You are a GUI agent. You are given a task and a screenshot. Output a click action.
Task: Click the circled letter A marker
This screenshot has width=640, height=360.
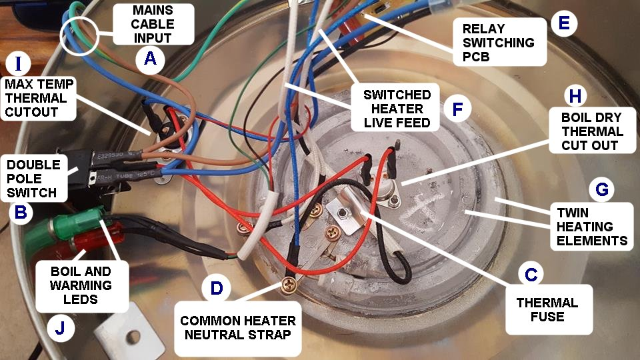(x=150, y=59)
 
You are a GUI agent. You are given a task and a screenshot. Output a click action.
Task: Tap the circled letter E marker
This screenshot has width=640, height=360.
(x=564, y=23)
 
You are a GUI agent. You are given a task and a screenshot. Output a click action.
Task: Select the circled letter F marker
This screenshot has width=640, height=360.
(x=457, y=109)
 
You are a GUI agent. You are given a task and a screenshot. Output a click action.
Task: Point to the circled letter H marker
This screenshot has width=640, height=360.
(x=575, y=96)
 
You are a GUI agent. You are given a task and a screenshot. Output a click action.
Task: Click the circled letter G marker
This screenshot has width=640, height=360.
(x=601, y=189)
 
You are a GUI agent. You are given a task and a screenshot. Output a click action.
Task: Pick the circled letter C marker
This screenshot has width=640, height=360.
(x=531, y=274)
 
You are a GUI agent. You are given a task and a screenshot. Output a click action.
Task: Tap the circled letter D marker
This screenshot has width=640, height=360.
(x=216, y=288)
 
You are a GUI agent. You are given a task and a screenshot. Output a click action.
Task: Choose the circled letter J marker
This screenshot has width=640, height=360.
(x=61, y=327)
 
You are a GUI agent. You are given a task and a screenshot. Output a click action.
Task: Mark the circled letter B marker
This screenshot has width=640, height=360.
(x=21, y=212)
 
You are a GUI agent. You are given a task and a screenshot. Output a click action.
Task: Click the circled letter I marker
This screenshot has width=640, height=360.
(x=18, y=64)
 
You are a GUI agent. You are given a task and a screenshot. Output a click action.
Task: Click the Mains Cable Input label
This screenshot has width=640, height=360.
(x=153, y=24)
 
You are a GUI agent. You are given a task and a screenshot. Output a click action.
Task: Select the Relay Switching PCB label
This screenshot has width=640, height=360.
(x=499, y=42)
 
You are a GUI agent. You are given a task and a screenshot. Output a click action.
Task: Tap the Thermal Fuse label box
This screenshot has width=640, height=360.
(x=549, y=309)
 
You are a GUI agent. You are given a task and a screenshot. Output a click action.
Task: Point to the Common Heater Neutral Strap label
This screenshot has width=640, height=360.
(x=238, y=328)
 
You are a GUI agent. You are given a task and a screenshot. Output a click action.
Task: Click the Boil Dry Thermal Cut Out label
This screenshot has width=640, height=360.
(x=592, y=131)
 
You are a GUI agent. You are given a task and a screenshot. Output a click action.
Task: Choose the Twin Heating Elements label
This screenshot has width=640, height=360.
(x=592, y=227)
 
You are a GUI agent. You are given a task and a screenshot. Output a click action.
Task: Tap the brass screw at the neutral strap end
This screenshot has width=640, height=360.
(x=289, y=284)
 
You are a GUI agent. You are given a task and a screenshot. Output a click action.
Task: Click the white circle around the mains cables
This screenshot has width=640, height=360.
(x=79, y=35)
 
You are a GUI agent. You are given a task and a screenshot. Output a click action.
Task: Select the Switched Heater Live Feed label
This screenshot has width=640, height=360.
(x=396, y=108)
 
